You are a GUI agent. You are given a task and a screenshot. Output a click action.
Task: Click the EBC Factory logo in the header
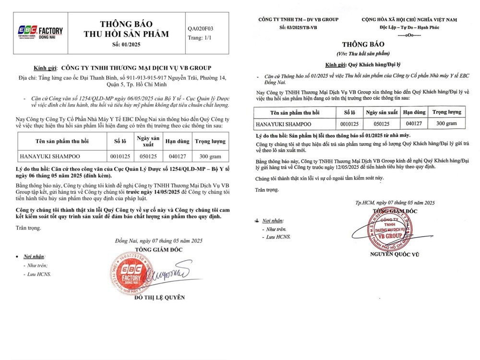pos(40,32)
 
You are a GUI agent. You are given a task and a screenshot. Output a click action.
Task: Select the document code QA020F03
pos(200,28)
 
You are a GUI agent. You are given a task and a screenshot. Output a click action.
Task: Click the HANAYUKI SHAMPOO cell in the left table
pos(49,156)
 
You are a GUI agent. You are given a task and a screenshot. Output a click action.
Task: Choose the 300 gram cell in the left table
pos(210,156)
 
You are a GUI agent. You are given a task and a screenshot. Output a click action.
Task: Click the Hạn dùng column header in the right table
pos(414,112)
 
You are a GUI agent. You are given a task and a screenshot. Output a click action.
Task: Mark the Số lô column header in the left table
pos(120,142)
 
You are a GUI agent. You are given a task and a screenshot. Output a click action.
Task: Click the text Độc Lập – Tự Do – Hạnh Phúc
pos(408,28)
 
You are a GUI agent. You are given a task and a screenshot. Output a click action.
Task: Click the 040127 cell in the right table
pos(414,123)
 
